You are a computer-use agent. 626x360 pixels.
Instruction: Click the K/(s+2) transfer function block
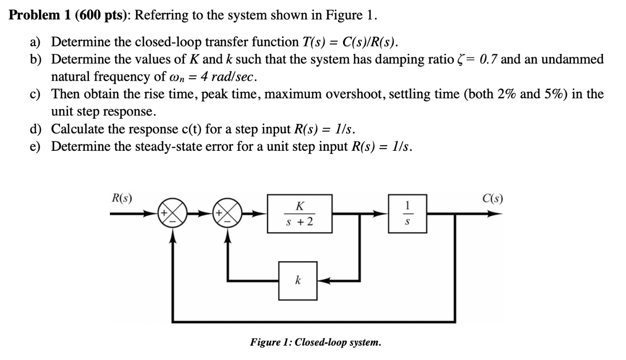coord(298,214)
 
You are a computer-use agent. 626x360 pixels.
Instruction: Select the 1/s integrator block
coord(407,214)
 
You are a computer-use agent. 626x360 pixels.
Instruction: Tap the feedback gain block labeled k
coord(297,280)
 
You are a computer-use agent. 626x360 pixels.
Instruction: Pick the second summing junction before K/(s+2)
coord(228,214)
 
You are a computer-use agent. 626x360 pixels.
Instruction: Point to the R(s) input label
coord(121,199)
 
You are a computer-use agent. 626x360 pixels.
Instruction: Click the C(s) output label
coord(492,199)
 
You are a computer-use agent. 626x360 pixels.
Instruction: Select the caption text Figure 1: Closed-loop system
coord(315,343)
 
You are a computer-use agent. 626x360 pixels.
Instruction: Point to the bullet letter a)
coord(36,42)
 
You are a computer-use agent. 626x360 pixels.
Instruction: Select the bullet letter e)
coord(36,147)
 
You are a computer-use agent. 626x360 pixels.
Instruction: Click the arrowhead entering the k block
coord(324,280)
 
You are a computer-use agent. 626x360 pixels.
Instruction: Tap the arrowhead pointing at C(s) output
coord(496,214)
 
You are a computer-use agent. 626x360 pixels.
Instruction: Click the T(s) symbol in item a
coord(309,42)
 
